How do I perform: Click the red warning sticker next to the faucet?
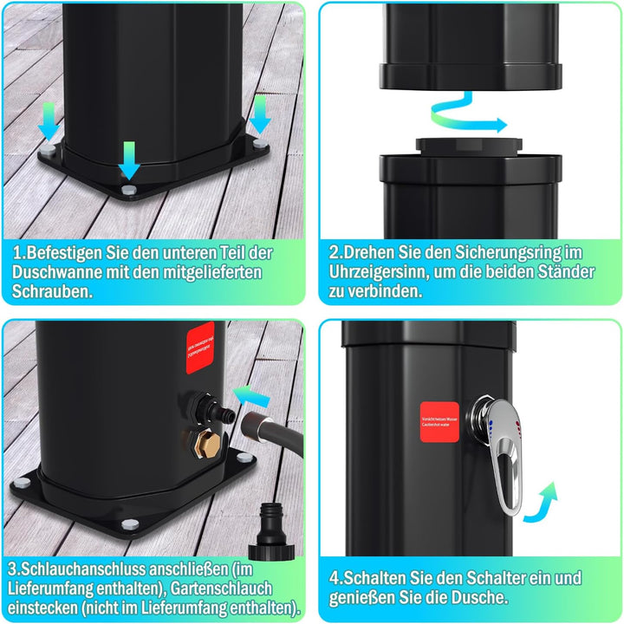(x=439, y=422)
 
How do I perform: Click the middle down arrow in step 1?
(x=128, y=159)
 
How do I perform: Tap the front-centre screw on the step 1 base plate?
(x=128, y=189)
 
